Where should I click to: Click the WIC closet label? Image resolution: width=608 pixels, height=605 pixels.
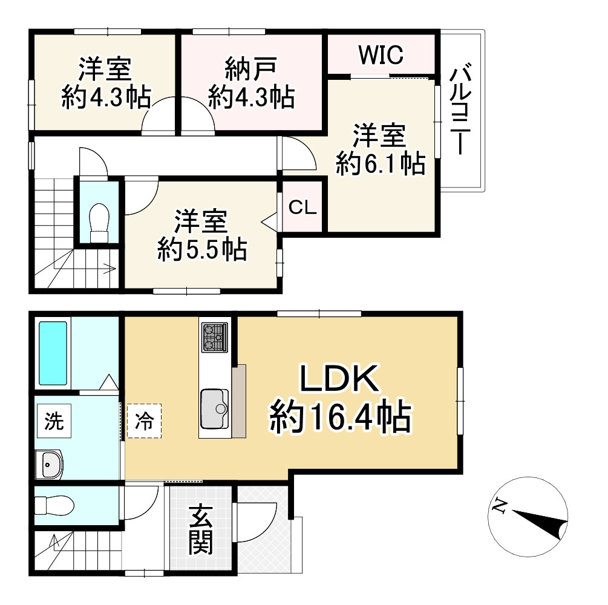(380, 56)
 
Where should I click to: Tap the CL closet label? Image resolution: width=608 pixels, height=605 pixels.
(302, 208)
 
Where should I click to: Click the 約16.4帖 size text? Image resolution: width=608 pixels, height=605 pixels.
(340, 417)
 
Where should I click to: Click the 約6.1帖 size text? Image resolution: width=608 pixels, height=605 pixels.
(380, 163)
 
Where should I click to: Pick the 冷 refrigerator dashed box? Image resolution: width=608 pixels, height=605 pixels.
(144, 420)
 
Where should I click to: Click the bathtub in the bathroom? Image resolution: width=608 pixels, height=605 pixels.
(53, 353)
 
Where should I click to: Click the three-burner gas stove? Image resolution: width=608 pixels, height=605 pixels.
(215, 337)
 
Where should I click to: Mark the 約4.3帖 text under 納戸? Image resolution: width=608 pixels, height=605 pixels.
(252, 97)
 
